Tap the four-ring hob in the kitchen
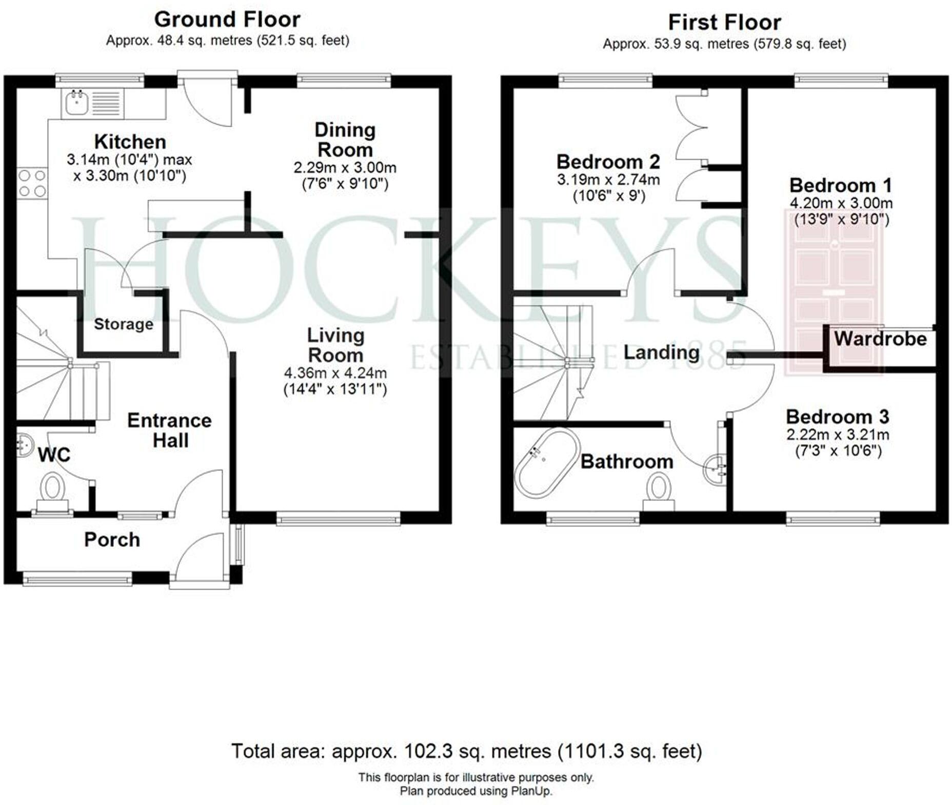coord(32,183)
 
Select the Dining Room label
coord(345,140)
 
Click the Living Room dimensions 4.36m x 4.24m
coord(335,373)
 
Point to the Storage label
coord(123,324)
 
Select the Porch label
coord(112,540)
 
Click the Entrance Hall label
coord(170,430)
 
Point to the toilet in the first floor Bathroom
coord(659,490)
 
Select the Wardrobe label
coord(880,339)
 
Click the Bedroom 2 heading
coord(608,162)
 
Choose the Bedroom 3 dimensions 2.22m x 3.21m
coord(838,435)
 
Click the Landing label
coord(661,352)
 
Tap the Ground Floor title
coord(227,19)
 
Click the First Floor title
coord(724,23)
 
